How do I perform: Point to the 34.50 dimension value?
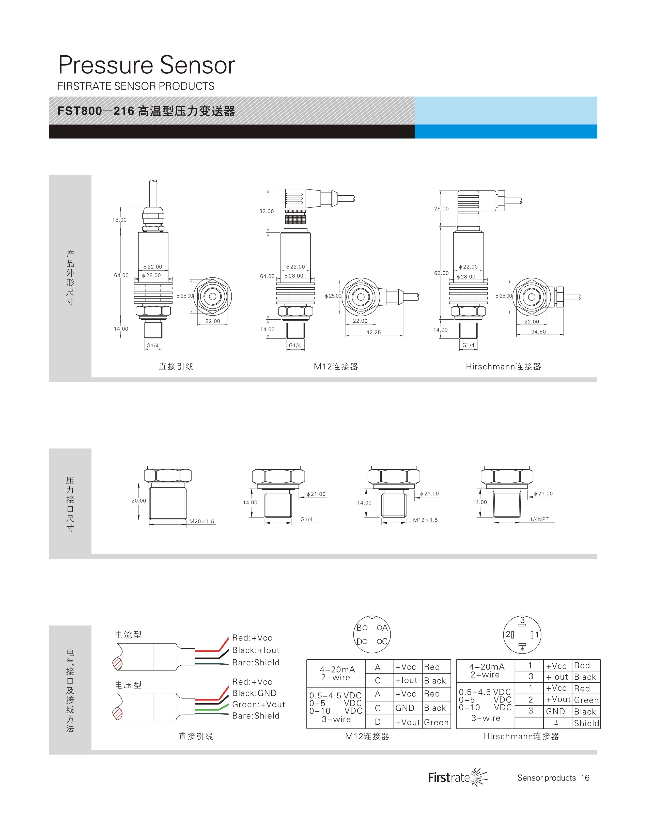click(x=538, y=332)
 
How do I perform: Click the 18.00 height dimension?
click(x=119, y=220)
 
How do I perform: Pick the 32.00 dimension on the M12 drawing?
click(x=267, y=211)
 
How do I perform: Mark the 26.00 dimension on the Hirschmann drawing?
click(x=442, y=209)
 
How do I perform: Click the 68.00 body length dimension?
click(x=442, y=273)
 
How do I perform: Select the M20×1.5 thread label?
click(x=202, y=521)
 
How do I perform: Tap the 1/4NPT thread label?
click(x=539, y=520)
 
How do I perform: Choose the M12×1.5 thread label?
click(x=425, y=520)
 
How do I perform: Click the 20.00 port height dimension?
click(x=139, y=501)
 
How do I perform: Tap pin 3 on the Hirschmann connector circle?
click(x=522, y=620)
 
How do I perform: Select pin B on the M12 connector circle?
click(x=359, y=628)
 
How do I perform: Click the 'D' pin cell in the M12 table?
click(x=378, y=722)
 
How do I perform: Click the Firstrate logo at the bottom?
click(x=458, y=777)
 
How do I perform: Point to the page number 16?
click(x=585, y=778)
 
